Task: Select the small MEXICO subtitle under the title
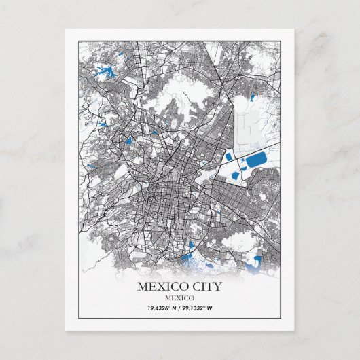(x=180, y=298)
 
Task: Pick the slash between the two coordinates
(x=181, y=308)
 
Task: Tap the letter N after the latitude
(x=175, y=308)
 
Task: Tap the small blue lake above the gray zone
(x=252, y=97)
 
